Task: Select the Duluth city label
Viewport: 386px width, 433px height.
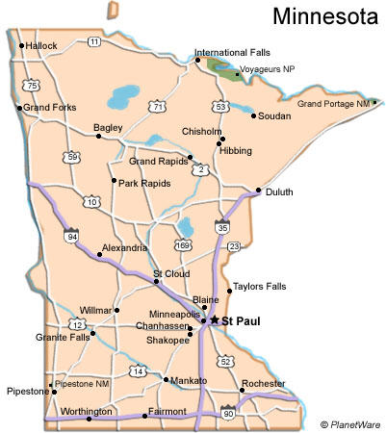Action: coord(280,191)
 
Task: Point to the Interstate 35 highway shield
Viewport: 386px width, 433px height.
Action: coord(223,227)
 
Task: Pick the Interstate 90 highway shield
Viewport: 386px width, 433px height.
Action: coord(227,414)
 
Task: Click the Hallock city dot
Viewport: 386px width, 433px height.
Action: coord(20,45)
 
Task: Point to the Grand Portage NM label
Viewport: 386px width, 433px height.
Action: coord(333,103)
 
